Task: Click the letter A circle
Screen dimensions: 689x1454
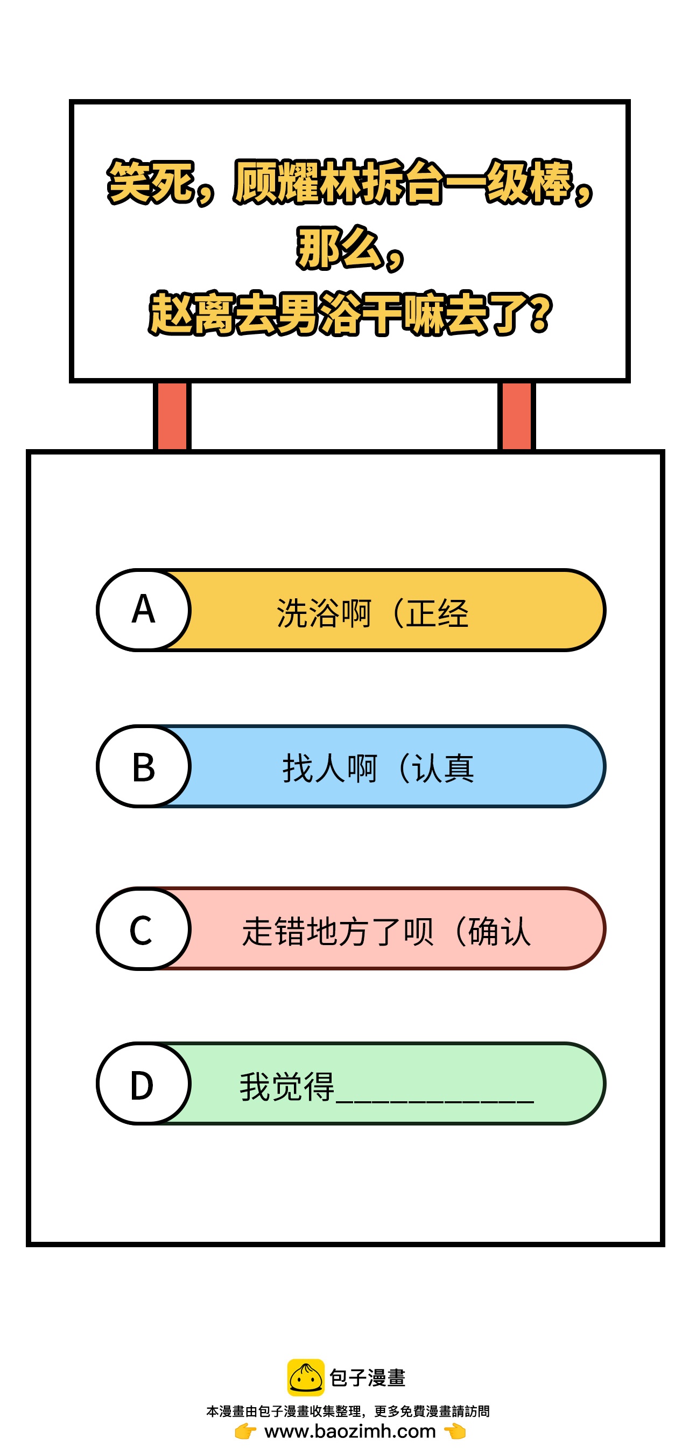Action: point(143,610)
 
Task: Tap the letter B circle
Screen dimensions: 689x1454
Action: point(143,766)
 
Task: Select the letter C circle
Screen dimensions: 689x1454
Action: point(143,928)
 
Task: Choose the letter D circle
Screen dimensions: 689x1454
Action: point(143,1083)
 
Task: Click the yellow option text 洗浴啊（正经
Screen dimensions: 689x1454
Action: point(372,612)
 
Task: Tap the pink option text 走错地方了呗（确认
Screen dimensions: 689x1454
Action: point(386,931)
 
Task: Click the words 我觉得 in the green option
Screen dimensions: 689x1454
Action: point(287,1086)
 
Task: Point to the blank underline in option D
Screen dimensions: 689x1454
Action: point(434,1101)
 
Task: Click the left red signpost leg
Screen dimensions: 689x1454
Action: point(172,417)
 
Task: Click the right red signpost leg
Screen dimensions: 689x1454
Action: point(516,417)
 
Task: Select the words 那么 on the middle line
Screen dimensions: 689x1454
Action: point(339,248)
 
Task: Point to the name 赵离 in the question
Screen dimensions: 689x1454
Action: point(191,313)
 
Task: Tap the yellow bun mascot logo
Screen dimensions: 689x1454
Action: point(306,1377)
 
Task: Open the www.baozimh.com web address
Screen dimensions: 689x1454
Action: point(350,1431)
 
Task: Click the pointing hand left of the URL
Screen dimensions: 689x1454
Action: point(245,1431)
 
